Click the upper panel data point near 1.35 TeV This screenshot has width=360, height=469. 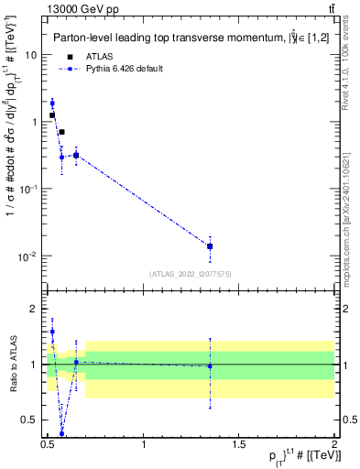click(x=210, y=245)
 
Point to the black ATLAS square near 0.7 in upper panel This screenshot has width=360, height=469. click(x=61, y=132)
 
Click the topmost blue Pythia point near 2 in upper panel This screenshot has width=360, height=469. click(x=52, y=103)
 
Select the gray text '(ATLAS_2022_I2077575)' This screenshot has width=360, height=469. click(x=191, y=274)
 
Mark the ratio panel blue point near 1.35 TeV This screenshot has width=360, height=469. click(x=210, y=366)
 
